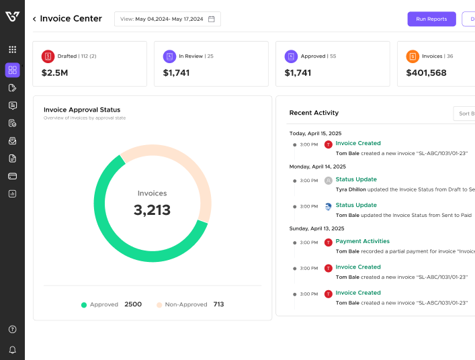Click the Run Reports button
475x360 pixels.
point(431,19)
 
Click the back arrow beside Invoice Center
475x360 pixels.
point(34,19)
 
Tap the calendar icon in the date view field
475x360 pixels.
point(211,19)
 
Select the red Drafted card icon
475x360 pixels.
point(48,56)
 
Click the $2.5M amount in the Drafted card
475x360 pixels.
point(54,73)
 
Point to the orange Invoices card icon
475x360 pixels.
point(413,56)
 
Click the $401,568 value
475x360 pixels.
point(426,73)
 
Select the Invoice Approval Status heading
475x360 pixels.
point(82,109)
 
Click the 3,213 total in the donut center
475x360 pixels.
point(152,210)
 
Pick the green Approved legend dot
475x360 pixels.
point(84,305)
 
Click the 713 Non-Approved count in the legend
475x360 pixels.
point(218,304)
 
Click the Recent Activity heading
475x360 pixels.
point(314,113)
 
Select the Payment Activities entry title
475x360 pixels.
point(362,241)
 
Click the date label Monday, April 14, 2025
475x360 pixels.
point(317,167)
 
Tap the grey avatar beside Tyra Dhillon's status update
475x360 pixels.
point(328,181)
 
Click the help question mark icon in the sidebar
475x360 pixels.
point(12,329)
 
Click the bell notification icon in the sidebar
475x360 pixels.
point(12,350)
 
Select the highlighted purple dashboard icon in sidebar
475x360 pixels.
point(12,70)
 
